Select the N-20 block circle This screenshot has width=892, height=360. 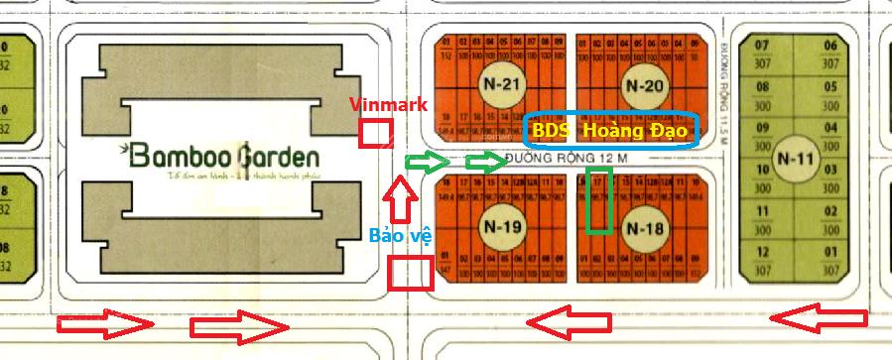click(x=646, y=85)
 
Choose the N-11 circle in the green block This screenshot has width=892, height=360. click(x=796, y=159)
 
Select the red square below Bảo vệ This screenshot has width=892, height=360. click(x=411, y=272)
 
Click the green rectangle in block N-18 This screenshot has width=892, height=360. click(x=597, y=200)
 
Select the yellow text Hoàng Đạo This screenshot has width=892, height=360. click(x=635, y=130)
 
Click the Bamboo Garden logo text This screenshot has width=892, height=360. click(x=225, y=157)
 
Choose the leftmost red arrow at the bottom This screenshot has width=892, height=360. click(x=104, y=323)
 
